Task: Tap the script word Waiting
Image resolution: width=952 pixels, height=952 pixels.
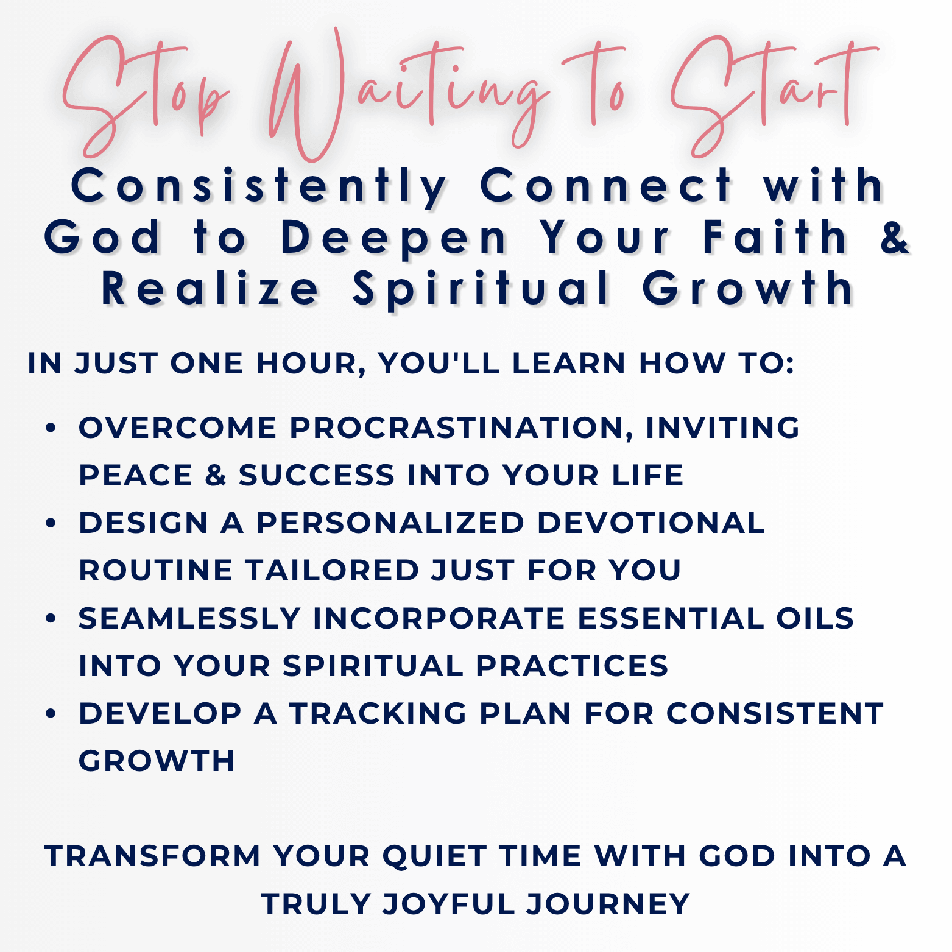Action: coord(408,94)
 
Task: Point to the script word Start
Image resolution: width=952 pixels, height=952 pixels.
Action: coord(774,94)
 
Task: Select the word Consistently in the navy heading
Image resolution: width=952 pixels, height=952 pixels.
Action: coord(259,186)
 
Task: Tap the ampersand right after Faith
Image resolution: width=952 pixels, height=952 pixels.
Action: coord(895,237)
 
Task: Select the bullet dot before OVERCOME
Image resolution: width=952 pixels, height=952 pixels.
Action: coord(51,428)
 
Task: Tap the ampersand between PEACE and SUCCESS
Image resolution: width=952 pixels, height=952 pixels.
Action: coord(216,475)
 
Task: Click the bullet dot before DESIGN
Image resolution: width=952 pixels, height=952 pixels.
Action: coord(51,523)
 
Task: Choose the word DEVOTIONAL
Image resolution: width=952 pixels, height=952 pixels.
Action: coord(651,523)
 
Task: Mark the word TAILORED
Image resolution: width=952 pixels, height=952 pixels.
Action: coord(332,570)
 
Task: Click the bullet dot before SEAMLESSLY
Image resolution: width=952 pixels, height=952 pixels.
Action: coord(51,618)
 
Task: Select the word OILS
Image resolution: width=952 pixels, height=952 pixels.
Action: coord(815,618)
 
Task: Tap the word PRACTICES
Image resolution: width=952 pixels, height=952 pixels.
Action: coord(572,666)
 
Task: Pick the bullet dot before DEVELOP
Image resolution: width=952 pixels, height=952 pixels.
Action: coord(51,713)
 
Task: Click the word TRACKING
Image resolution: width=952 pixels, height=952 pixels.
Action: coord(378,713)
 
